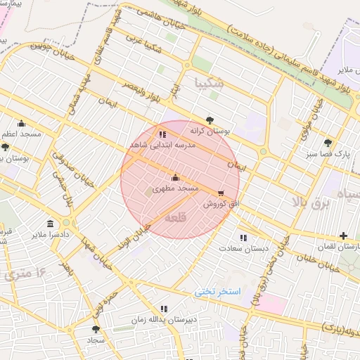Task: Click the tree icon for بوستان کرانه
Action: (x=210, y=120)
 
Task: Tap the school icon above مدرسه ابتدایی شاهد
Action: (x=163, y=134)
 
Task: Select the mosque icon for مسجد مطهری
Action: (x=175, y=177)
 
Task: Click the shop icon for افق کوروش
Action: (x=221, y=192)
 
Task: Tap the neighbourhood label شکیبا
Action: (x=212, y=83)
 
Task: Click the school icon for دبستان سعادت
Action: (x=243, y=238)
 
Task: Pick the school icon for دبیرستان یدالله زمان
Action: (x=164, y=308)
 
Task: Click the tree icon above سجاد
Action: (x=96, y=328)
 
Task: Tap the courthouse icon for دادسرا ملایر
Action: (x=40, y=224)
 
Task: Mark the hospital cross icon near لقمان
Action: (x=342, y=236)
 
